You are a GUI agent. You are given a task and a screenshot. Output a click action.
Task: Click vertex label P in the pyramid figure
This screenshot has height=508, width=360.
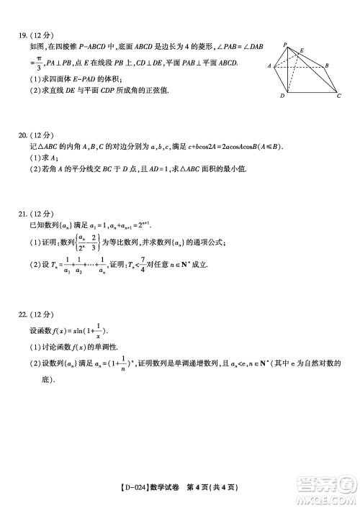[x=285, y=45]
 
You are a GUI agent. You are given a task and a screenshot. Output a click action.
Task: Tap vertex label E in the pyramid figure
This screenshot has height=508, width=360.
[x=301, y=50]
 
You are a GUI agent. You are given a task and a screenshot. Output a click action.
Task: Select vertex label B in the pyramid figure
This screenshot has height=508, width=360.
[x=327, y=65]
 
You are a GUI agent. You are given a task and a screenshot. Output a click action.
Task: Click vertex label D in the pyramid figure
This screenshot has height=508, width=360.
[x=282, y=96]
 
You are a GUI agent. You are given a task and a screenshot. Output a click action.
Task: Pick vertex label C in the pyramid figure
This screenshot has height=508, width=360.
[x=338, y=96]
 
